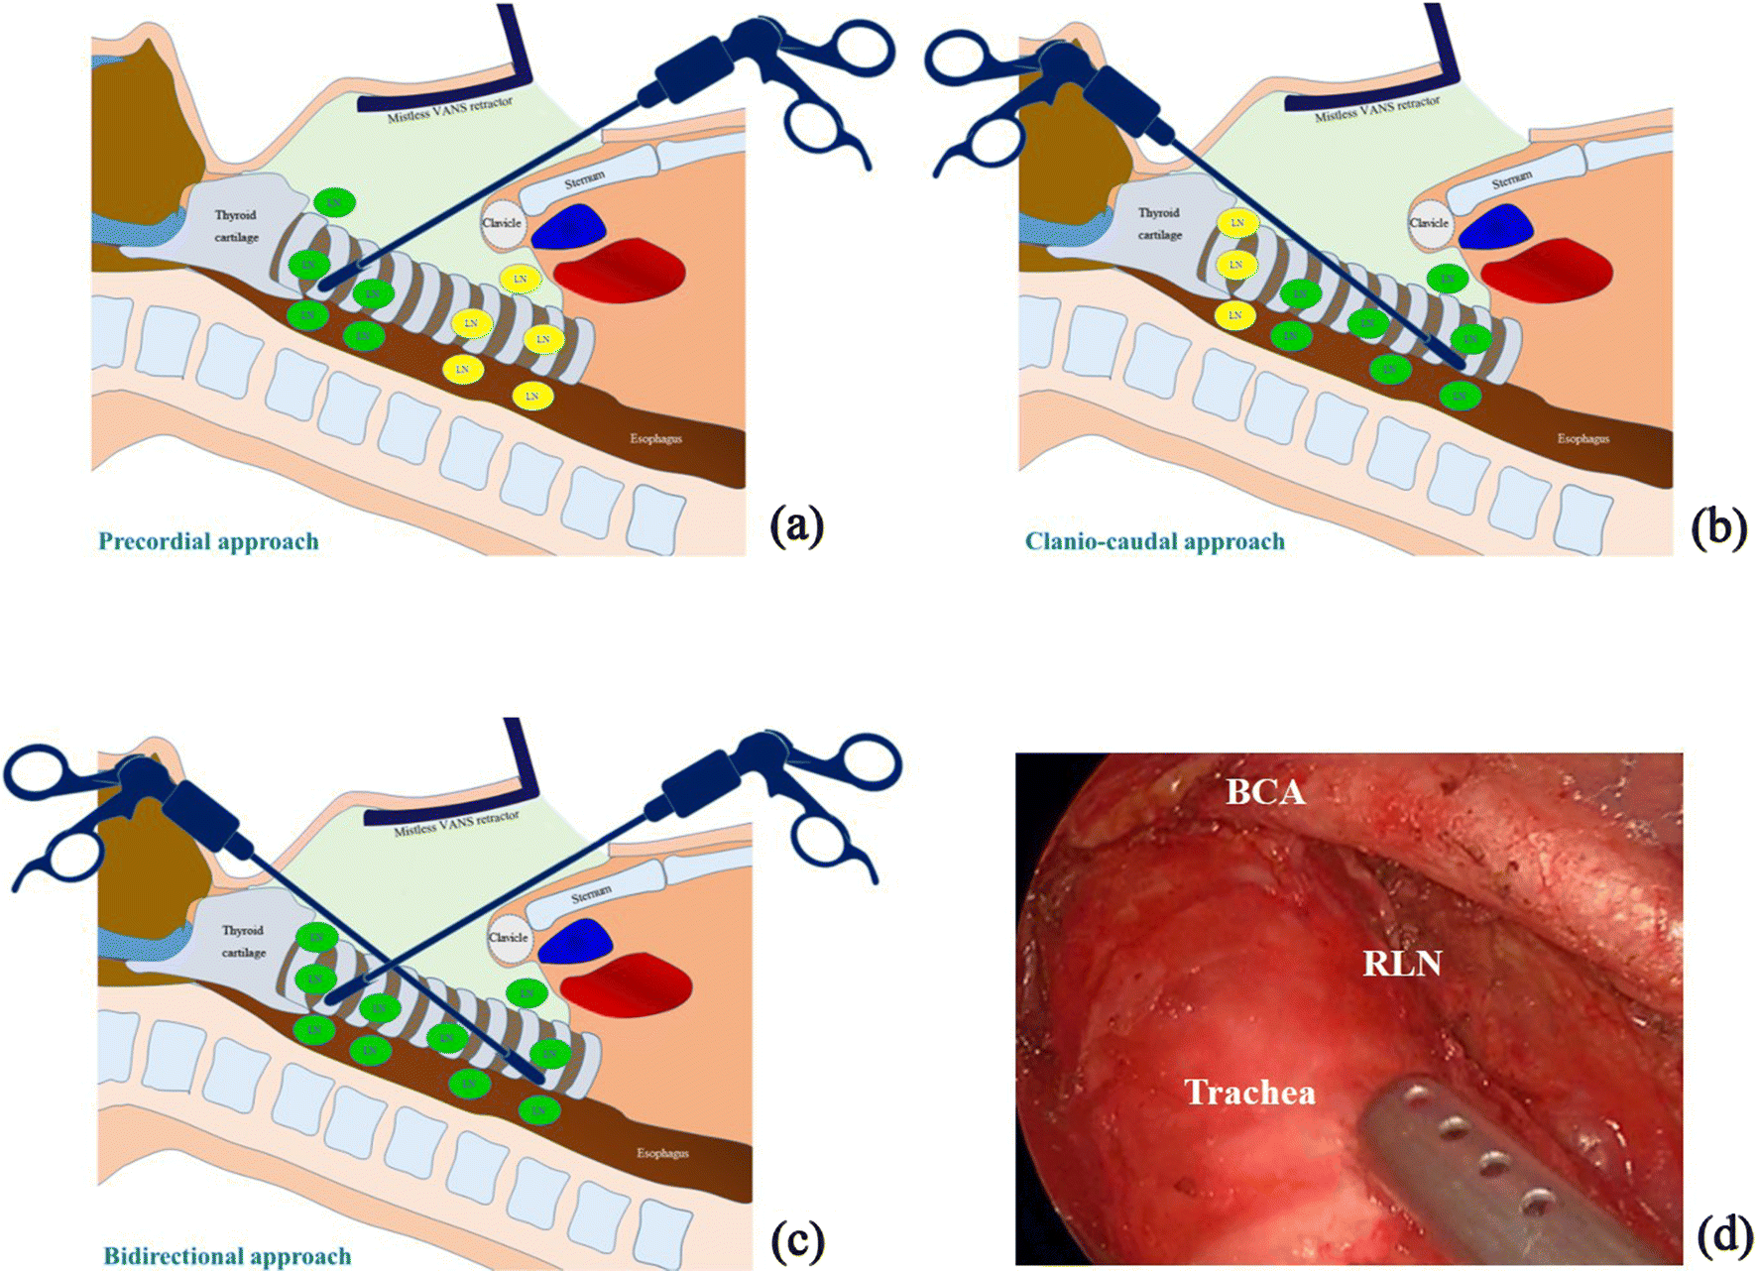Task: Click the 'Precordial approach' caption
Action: pyautogui.click(x=208, y=541)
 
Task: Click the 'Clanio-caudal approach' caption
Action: pyautogui.click(x=1154, y=541)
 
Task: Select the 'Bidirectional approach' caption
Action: pyautogui.click(x=227, y=1255)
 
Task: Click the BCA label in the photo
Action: pyautogui.click(x=1265, y=792)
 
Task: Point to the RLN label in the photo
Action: pyautogui.click(x=1401, y=963)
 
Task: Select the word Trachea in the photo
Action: pyautogui.click(x=1249, y=1093)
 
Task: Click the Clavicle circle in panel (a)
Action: pyautogui.click(x=502, y=223)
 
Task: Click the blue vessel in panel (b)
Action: pyautogui.click(x=1496, y=227)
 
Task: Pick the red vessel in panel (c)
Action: pyautogui.click(x=627, y=984)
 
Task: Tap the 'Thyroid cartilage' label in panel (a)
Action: pyautogui.click(x=236, y=226)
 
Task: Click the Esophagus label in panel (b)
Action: pyautogui.click(x=1582, y=438)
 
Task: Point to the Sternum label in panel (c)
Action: pyautogui.click(x=591, y=894)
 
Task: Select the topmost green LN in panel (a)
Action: pyautogui.click(x=334, y=202)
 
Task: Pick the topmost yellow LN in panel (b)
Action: pyautogui.click(x=1236, y=222)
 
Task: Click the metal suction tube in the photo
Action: pyautogui.click(x=1467, y=1160)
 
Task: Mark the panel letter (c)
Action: pyautogui.click(x=796, y=1239)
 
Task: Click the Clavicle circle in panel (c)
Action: pyautogui.click(x=508, y=938)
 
